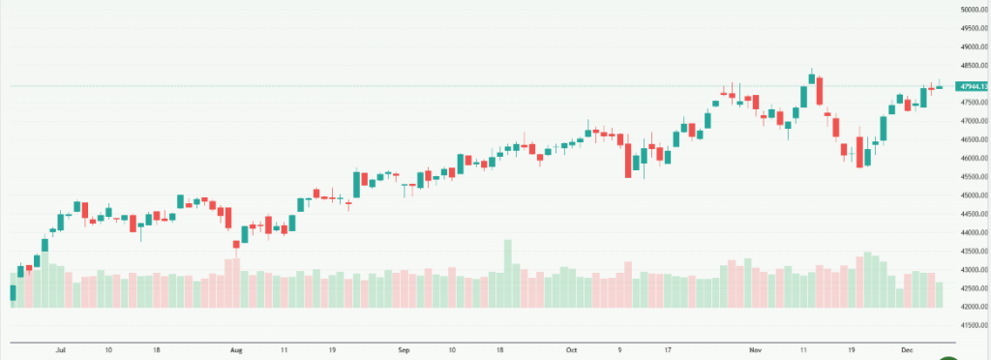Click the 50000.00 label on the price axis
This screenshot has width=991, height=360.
click(x=973, y=10)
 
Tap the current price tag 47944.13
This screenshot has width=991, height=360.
click(x=973, y=87)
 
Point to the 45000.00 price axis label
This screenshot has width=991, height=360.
click(x=973, y=195)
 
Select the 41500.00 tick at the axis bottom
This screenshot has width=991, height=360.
click(x=973, y=325)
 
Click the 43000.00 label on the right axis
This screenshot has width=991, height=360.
click(x=973, y=270)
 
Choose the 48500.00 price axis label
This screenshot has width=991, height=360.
click(x=973, y=66)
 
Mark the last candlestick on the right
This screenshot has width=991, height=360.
click(x=939, y=87)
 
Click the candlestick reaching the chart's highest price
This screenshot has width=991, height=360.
click(x=811, y=75)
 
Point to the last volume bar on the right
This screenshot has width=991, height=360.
click(x=939, y=294)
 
